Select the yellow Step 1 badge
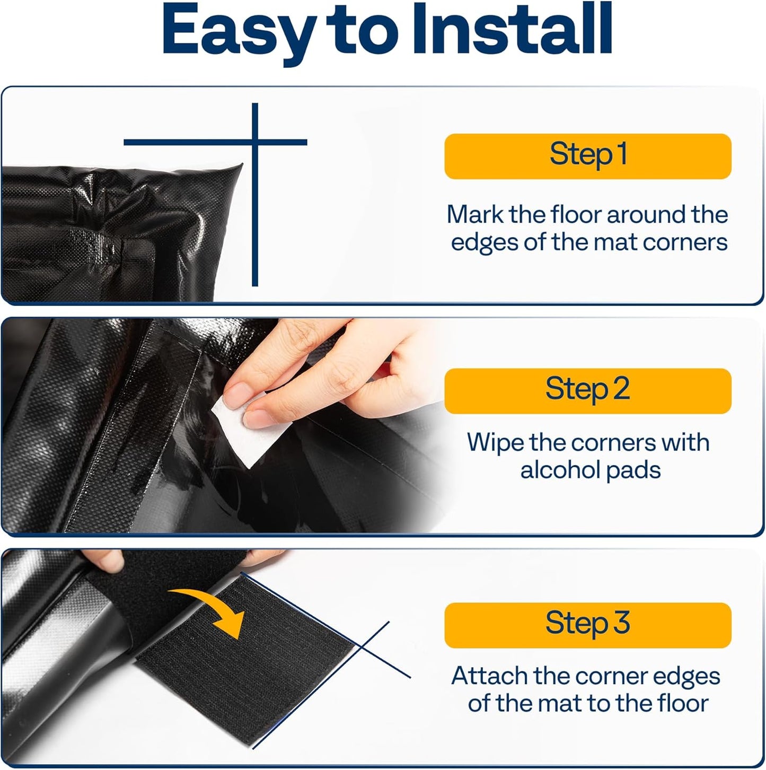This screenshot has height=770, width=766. tap(587, 156)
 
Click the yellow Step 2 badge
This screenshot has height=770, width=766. tap(587, 391)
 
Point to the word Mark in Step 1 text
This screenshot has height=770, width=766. tap(474, 215)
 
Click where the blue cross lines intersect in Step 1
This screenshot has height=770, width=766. tap(255, 142)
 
